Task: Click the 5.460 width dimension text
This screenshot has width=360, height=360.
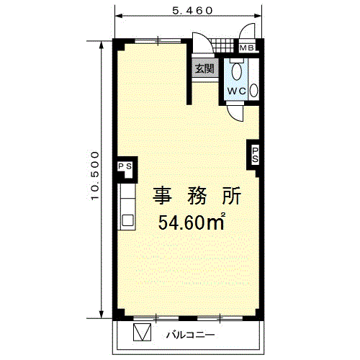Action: (x=192, y=11)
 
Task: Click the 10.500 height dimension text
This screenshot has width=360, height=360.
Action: (x=95, y=176)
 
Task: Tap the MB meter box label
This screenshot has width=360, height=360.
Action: (x=246, y=48)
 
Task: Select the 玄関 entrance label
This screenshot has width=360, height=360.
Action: (x=204, y=68)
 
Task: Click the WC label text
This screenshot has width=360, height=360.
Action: (x=236, y=91)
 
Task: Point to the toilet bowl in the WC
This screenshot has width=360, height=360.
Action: (x=237, y=71)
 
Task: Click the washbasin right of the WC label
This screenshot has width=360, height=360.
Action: (x=253, y=91)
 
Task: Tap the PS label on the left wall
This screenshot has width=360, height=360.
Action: (x=125, y=166)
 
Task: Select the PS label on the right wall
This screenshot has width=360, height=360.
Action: (x=255, y=155)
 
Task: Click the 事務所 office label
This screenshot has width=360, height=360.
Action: (x=197, y=196)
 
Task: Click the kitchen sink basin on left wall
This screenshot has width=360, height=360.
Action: (x=127, y=220)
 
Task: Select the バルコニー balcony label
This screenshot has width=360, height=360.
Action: (x=191, y=335)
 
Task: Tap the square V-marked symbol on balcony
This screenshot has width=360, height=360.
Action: (x=142, y=332)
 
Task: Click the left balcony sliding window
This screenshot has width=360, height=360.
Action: (x=156, y=318)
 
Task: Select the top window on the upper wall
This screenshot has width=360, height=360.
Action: (x=158, y=40)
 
